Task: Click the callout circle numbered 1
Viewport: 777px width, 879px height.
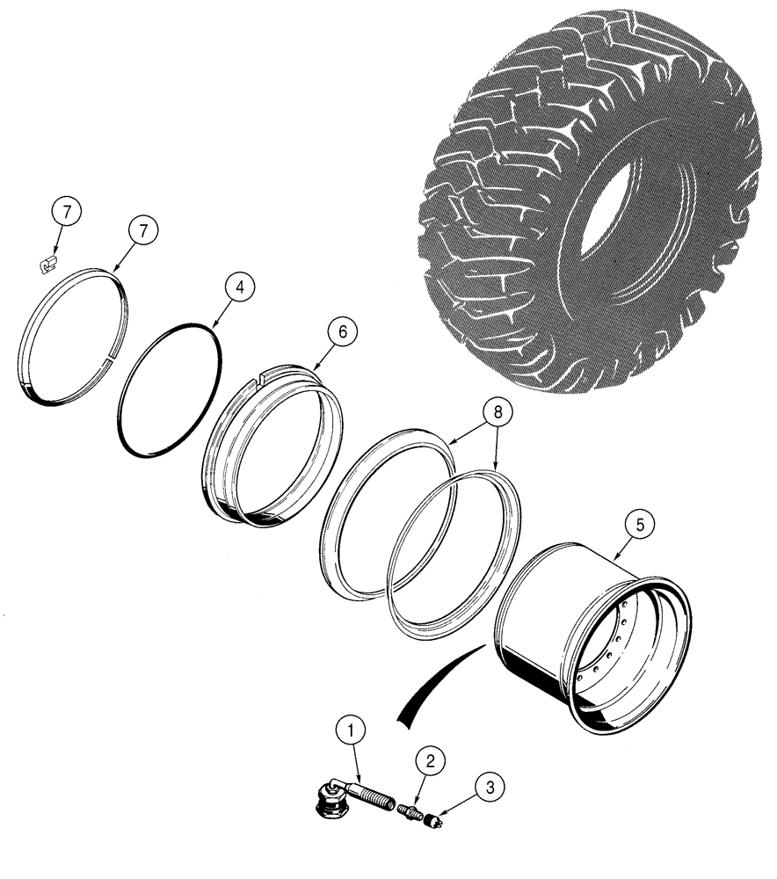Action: pos(352,730)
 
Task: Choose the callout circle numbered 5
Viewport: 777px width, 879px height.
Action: pos(638,526)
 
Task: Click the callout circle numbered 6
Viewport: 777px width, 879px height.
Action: pos(343,332)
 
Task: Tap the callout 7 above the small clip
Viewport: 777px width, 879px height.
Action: pos(66,212)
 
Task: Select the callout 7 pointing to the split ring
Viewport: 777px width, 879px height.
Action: pos(144,229)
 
